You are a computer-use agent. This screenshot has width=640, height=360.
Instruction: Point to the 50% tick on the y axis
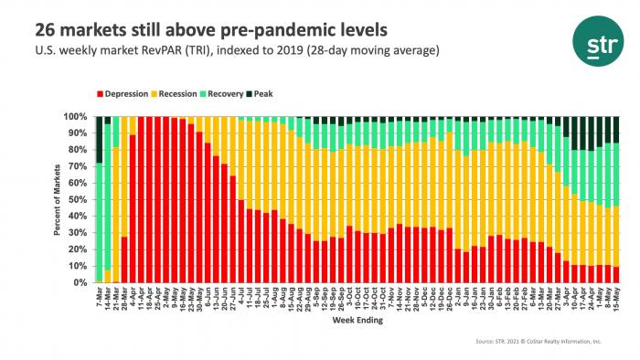(x=78, y=200)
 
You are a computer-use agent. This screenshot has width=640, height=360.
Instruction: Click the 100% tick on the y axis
(x=76, y=117)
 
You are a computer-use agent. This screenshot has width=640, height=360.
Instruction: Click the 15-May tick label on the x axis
(x=590, y=298)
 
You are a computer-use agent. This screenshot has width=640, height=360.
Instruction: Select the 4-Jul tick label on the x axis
(x=240, y=297)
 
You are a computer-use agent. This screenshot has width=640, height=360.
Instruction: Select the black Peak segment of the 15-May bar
(x=590, y=129)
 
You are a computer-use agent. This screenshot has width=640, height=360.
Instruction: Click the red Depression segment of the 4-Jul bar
(x=240, y=241)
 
